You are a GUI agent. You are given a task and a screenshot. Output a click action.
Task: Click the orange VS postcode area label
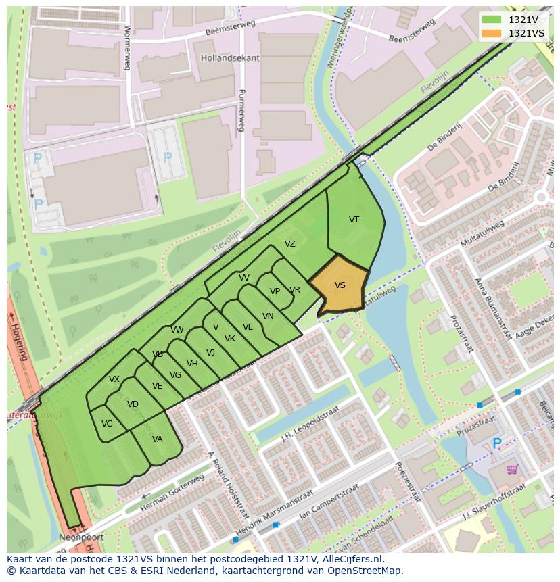pyautogui.click(x=340, y=285)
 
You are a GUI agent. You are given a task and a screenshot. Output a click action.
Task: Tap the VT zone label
pyautogui.click(x=354, y=220)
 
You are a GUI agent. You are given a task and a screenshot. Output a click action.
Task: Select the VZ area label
pyautogui.click(x=289, y=244)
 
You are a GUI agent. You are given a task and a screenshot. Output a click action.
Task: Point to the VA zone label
pyautogui.click(x=157, y=439)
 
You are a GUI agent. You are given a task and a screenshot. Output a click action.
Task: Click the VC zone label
pyautogui.click(x=107, y=424)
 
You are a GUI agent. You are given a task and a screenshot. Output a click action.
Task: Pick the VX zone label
pyautogui.click(x=114, y=379)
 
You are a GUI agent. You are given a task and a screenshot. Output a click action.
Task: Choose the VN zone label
pyautogui.click(x=268, y=316)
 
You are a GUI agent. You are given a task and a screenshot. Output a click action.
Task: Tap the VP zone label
pyautogui.click(x=275, y=291)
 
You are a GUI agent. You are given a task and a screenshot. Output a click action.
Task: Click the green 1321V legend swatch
pyautogui.click(x=492, y=20)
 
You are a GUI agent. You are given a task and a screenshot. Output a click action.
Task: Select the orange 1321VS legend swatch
pyautogui.click(x=492, y=33)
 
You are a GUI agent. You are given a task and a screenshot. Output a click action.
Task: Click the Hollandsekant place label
pyautogui.click(x=230, y=58)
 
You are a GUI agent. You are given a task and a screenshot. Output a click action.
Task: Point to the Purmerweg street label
pyautogui.click(x=241, y=112)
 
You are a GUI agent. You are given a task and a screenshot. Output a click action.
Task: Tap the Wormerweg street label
pyautogui.click(x=126, y=47)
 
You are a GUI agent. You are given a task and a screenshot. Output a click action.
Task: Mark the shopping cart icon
pyautogui.click(x=512, y=468)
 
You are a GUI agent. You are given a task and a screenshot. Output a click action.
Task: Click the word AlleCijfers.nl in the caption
pyautogui.click(x=351, y=559)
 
